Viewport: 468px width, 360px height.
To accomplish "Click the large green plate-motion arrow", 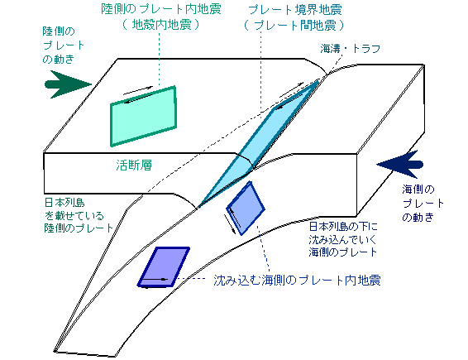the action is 67,84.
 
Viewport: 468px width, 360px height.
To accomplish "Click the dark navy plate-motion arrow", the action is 400,165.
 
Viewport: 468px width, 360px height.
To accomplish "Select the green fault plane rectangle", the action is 143,116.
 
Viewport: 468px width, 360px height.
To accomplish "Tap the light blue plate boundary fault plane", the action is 256,143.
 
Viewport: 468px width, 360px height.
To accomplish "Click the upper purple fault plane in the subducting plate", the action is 246,209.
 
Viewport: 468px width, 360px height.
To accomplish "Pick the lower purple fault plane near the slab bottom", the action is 164,266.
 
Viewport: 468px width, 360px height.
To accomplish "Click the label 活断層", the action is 134,165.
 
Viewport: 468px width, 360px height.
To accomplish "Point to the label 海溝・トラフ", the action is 350,48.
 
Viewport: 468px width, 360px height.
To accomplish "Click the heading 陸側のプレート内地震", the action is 161,9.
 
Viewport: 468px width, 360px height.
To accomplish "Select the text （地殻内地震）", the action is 161,25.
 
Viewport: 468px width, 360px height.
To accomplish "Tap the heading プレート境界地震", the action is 294,10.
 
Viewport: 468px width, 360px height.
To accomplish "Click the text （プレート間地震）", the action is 294,25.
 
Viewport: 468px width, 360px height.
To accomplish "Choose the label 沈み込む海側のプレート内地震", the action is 297,281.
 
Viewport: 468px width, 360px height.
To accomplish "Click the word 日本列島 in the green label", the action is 64,202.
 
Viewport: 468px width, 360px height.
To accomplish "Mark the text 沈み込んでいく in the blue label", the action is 342,239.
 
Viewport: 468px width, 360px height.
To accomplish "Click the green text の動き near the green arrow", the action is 58,59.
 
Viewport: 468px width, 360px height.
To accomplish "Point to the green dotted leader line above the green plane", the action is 159,59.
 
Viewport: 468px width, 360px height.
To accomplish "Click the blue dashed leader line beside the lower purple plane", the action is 190,279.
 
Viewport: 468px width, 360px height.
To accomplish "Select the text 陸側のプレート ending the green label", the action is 79,228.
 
